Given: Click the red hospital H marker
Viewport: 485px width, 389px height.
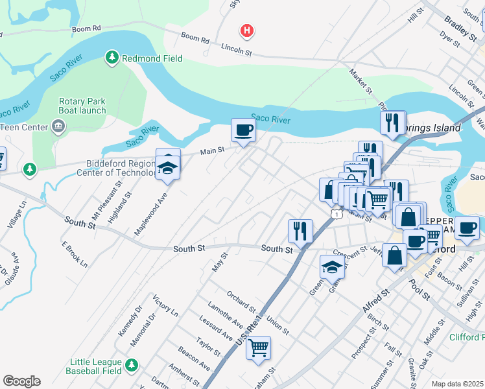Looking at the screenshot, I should point(246,30).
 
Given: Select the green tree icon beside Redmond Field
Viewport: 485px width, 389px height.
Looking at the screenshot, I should point(112,58).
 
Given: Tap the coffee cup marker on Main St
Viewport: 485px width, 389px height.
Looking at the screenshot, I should point(243,131).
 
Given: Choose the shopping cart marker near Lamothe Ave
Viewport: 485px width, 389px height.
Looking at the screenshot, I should point(259,348).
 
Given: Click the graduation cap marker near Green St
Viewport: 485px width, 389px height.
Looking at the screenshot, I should point(332,266).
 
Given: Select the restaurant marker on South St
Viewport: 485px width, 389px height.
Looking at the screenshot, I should point(300,230).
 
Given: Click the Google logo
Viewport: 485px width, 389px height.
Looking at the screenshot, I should point(21,381).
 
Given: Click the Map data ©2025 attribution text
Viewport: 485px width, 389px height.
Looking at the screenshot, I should point(457,384).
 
